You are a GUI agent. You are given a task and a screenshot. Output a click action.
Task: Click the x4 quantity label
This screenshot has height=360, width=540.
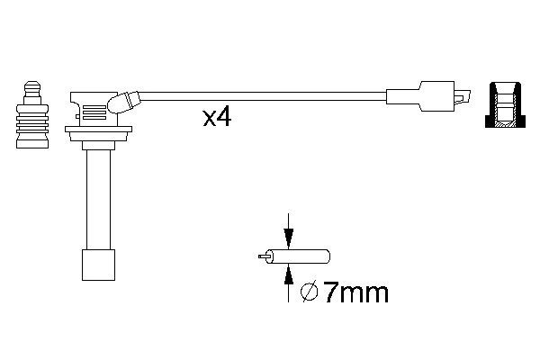(x=216, y=117)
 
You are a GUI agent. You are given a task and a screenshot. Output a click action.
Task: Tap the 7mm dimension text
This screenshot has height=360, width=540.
(x=356, y=292)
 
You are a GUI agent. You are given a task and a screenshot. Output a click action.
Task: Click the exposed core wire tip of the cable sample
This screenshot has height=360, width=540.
(x=262, y=256)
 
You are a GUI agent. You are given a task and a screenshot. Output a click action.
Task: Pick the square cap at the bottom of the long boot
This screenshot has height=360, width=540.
(x=96, y=265)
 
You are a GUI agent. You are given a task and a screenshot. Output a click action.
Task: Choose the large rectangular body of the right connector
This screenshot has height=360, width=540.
(x=436, y=96)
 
